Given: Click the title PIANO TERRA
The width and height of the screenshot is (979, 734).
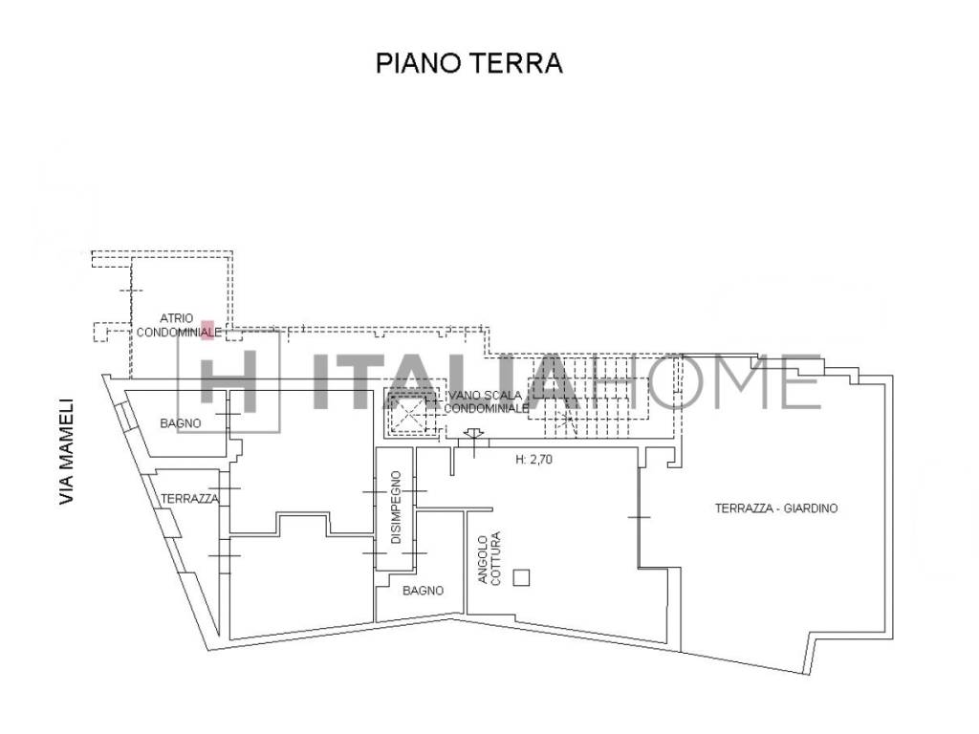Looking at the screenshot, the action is coord(468,63).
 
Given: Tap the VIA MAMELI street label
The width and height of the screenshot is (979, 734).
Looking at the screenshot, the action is coord(67,451).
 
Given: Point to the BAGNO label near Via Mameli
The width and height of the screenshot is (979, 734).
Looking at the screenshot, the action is coord(181,423).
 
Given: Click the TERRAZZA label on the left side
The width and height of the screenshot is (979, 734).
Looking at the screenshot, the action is coord(190,499).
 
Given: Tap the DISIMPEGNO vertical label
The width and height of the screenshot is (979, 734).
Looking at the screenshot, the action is coord(396,507).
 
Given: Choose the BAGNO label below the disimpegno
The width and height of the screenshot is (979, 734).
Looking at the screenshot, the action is coord(423,591).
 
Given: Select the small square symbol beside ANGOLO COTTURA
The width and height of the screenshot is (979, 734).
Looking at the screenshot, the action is coord(521,578).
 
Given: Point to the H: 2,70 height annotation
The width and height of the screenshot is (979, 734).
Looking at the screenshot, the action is coord(533,460).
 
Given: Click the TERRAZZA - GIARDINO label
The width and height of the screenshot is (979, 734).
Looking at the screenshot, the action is coord(776,508).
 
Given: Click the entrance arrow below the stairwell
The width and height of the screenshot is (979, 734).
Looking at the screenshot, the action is coord(474,433).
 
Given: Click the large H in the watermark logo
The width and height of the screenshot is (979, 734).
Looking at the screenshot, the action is coord(228,381).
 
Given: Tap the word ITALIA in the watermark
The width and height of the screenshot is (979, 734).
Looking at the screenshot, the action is coord(444,381).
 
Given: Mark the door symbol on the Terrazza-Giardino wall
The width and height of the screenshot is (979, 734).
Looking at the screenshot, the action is coord(639,517).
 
